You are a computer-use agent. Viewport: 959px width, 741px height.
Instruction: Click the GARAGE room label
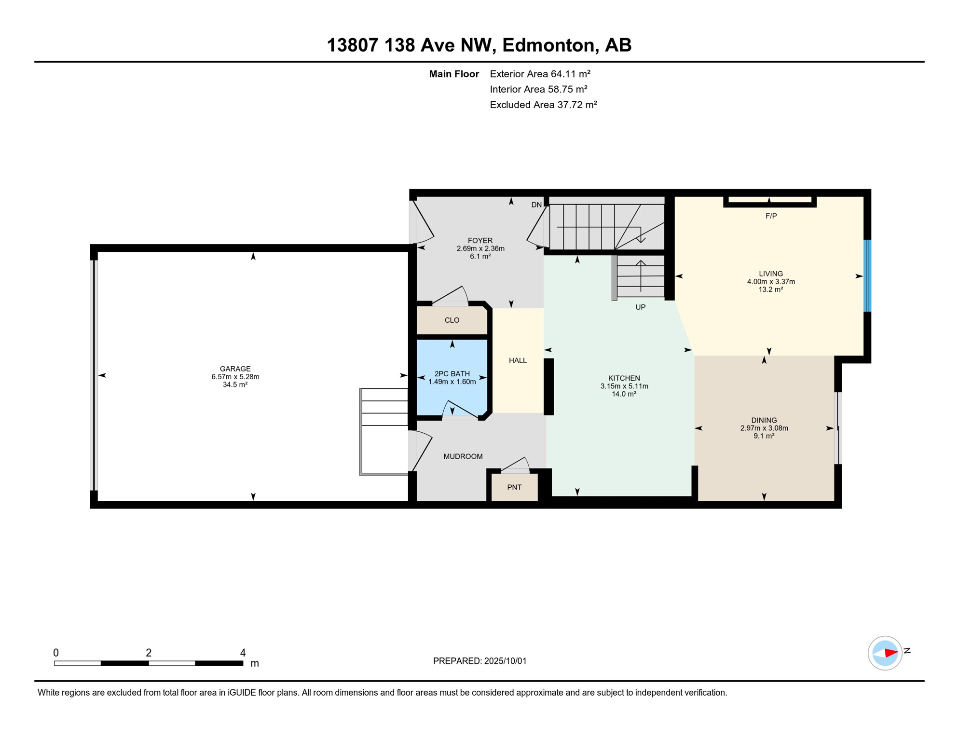tap(235, 369)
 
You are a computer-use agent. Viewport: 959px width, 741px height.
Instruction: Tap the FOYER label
tap(480, 241)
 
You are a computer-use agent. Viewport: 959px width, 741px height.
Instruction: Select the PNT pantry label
tap(514, 487)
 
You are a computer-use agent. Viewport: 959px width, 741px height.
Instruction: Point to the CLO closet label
tap(452, 320)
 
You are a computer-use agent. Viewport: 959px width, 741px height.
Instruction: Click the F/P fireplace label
tap(771, 216)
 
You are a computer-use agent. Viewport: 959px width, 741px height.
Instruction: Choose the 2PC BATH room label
tap(452, 374)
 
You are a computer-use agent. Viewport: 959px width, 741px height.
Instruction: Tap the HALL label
tap(518, 360)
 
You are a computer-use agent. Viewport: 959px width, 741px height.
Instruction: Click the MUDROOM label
tap(463, 456)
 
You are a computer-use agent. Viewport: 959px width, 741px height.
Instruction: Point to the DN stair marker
tap(536, 205)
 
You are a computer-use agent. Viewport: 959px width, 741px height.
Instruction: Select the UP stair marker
tap(640, 307)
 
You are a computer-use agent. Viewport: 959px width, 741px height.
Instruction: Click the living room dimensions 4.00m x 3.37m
tap(771, 282)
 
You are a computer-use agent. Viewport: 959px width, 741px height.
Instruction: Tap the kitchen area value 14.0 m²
tap(624, 394)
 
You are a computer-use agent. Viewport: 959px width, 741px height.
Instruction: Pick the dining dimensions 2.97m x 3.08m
tap(764, 428)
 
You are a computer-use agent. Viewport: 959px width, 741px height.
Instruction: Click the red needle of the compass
tap(891, 654)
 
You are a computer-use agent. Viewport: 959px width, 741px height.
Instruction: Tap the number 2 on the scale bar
tap(149, 653)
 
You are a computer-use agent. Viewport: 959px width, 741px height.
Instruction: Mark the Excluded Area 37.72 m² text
tap(543, 105)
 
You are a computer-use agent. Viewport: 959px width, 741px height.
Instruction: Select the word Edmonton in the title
tap(548, 45)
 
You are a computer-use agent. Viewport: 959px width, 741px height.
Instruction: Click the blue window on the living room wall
tap(867, 276)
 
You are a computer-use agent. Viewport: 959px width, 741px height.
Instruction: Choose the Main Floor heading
tap(454, 74)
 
